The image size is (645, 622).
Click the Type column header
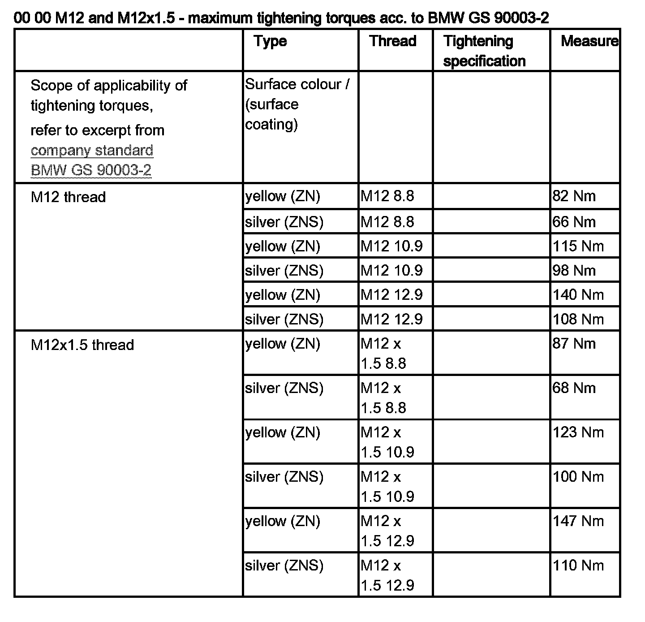(270, 41)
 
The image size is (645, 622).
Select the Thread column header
(393, 41)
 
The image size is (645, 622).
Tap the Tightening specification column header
(484, 51)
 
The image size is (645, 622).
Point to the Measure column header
(589, 41)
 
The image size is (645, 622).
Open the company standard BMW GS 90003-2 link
(92, 160)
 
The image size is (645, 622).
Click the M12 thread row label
(68, 197)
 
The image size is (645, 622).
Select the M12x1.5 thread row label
(82, 345)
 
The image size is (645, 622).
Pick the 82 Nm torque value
(574, 196)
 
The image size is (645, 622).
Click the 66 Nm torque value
(574, 222)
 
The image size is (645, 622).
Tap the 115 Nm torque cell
(578, 246)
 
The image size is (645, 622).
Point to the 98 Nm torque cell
(574, 271)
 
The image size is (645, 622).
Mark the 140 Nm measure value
(578, 295)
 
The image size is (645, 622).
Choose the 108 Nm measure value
(578, 319)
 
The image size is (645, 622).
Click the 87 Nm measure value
(574, 344)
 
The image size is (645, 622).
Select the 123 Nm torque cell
(578, 432)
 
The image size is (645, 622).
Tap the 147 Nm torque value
(578, 521)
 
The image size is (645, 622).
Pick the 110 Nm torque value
(578, 566)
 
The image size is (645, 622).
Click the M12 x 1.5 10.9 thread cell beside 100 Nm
(387, 486)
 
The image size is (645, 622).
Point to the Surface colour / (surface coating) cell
(297, 104)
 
